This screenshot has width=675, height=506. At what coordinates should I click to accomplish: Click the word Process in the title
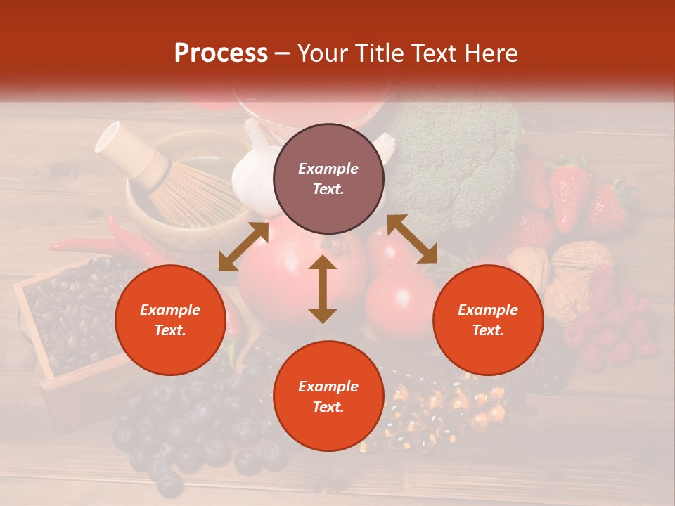[x=221, y=53]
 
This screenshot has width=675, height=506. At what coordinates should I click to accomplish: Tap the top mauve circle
[x=328, y=179]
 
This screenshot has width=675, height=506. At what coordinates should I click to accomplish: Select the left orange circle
[x=170, y=320]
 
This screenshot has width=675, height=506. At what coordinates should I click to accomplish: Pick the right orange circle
[x=488, y=320]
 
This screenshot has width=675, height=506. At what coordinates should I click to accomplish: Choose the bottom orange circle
[x=328, y=396]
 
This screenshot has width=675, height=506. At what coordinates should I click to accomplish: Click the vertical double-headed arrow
[x=323, y=289]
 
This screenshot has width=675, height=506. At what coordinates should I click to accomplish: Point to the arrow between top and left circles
[x=243, y=247]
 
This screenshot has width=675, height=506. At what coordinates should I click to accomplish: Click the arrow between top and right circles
[x=413, y=240]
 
